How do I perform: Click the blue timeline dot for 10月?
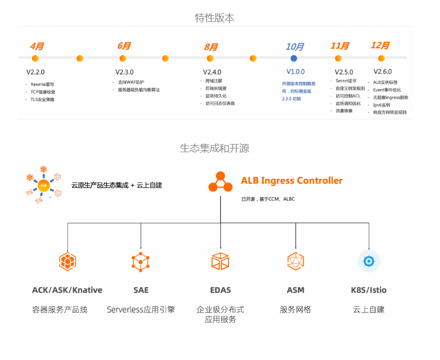294,58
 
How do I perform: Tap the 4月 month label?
37,46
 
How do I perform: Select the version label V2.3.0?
124,72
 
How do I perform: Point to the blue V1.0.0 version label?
296,71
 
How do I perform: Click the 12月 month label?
380,45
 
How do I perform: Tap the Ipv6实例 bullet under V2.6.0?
382,105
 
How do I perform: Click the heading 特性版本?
215,18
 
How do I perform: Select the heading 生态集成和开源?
215,148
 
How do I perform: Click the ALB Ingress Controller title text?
292,181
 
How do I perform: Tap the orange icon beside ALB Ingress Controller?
221,182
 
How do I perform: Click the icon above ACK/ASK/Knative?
67,262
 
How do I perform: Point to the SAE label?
141,290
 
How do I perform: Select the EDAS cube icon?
220,262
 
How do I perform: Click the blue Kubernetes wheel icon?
369,262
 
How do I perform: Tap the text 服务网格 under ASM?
296,309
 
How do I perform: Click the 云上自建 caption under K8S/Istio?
369,309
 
